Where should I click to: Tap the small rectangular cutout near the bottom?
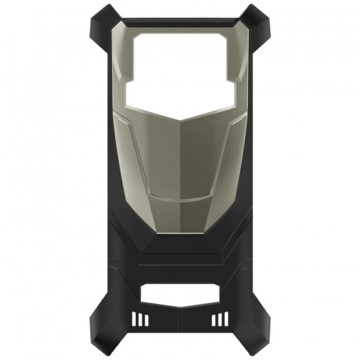[x=180, y=293]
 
